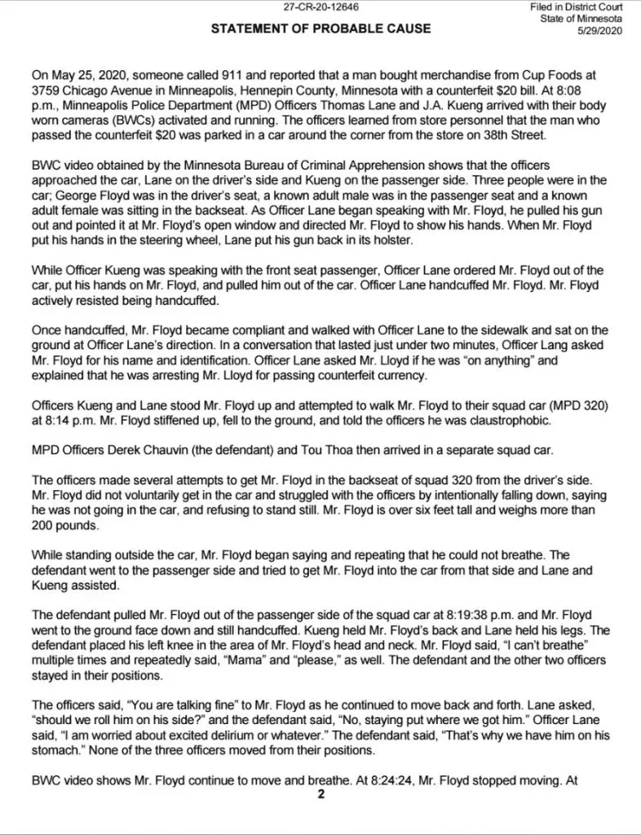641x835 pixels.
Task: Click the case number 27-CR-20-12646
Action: coord(320,7)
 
